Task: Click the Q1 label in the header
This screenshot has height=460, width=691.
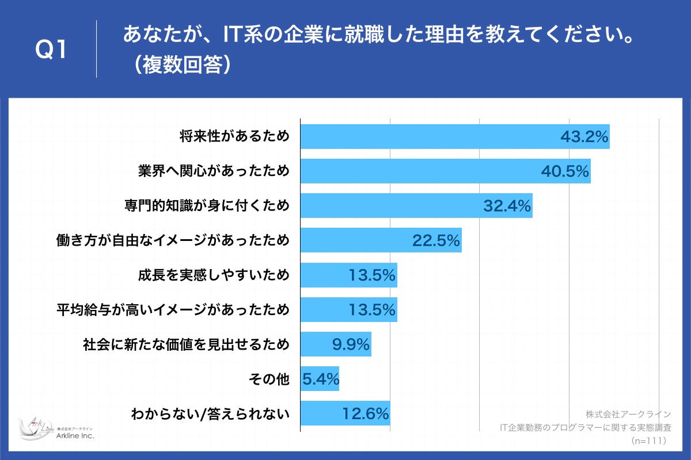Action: point(52,51)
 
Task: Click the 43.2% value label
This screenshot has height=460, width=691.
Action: point(584,137)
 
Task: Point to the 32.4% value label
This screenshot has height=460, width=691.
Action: point(507,206)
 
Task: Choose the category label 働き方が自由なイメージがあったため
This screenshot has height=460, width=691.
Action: point(173,240)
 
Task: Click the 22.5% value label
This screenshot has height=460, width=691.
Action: point(436,240)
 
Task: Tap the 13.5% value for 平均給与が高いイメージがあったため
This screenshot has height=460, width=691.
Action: point(372,309)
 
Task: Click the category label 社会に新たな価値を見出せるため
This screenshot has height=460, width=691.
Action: point(186,344)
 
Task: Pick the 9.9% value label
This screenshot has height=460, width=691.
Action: point(350,344)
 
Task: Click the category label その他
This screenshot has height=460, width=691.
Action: point(268,379)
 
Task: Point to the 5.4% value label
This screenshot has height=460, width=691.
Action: point(321,379)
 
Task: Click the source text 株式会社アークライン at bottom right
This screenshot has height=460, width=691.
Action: point(628,414)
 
